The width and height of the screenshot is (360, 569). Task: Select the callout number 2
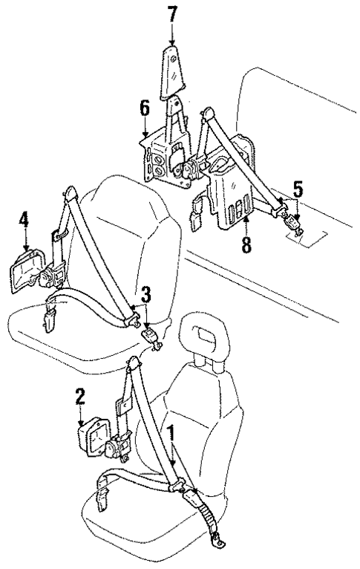79,397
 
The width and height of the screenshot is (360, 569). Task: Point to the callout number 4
24,220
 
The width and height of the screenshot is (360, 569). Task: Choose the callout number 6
145,108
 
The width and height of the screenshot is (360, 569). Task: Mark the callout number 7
172,13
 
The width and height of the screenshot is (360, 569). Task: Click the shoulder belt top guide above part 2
134,365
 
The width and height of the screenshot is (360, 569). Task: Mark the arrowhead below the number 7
172,40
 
